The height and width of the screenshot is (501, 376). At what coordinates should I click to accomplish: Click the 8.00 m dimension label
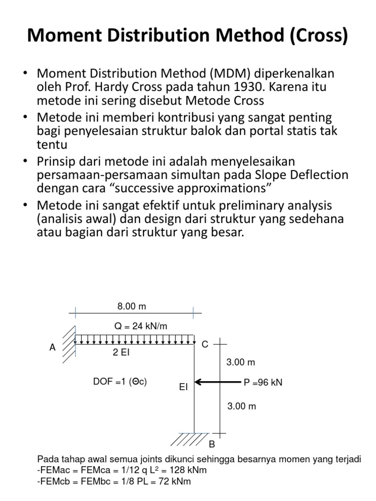click(x=131, y=307)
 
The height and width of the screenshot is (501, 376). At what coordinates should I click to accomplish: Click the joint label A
click(x=53, y=347)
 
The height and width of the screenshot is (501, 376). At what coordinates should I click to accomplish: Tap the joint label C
click(x=205, y=344)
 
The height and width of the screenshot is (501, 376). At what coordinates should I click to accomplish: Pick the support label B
click(x=212, y=445)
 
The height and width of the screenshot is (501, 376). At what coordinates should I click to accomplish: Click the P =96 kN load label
click(x=263, y=383)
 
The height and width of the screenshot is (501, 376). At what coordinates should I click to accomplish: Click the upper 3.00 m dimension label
click(x=241, y=363)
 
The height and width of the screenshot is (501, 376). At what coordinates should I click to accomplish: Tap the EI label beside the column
click(x=184, y=387)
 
